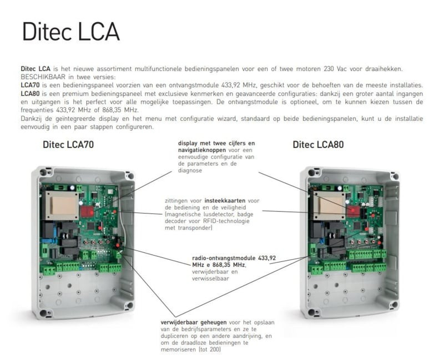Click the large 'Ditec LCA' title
coord(71,32)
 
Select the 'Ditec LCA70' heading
coord(68,145)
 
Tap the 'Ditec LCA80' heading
coord(318,145)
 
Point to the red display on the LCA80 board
coord(354,211)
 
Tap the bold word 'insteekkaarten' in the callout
coord(225,201)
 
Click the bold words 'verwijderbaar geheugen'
coord(194,322)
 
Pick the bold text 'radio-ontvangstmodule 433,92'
coord(234,258)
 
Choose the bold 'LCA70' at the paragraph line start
coord(30,85)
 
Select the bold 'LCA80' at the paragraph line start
coord(30,94)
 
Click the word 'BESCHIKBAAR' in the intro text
coord(43,77)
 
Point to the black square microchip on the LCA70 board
coord(90,226)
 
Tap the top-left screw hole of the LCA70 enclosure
coord(43,172)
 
